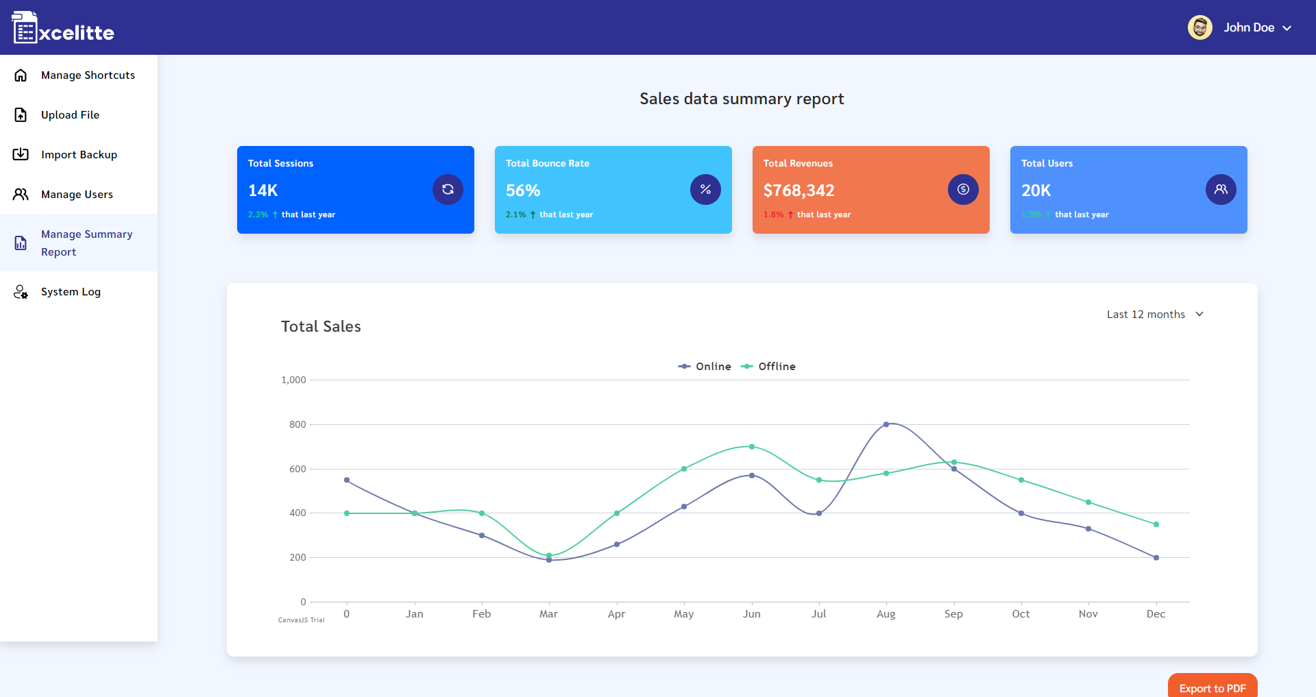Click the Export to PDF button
[x=1212, y=687]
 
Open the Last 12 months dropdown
[x=1155, y=314]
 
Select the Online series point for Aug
[x=886, y=424]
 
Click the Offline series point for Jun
[x=752, y=447]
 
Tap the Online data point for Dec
[x=1156, y=558]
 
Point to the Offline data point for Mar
[x=549, y=555]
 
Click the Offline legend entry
[x=768, y=367]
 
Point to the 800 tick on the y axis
[x=297, y=424]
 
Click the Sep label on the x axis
[x=953, y=614]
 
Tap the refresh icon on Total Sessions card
[x=448, y=189]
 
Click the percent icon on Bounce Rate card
[x=705, y=189]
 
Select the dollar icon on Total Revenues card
[x=963, y=189]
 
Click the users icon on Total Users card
[x=1221, y=189]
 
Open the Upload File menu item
[x=70, y=115]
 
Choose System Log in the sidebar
[x=71, y=292]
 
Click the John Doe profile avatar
[x=1199, y=27]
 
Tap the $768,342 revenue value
[x=799, y=191]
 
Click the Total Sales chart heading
[x=321, y=326]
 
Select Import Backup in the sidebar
[x=79, y=155]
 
